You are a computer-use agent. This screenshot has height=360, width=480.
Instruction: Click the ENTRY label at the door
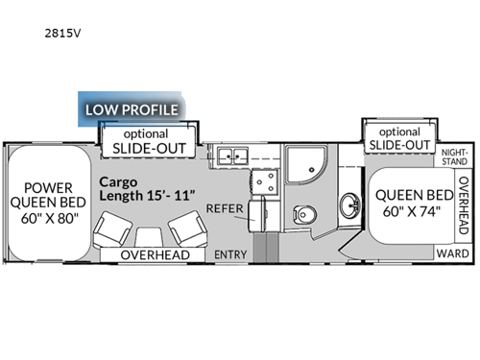[x=230, y=253]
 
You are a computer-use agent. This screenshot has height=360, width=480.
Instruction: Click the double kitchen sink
[x=230, y=156]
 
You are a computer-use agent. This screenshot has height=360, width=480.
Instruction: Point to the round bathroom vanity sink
[x=348, y=204]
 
